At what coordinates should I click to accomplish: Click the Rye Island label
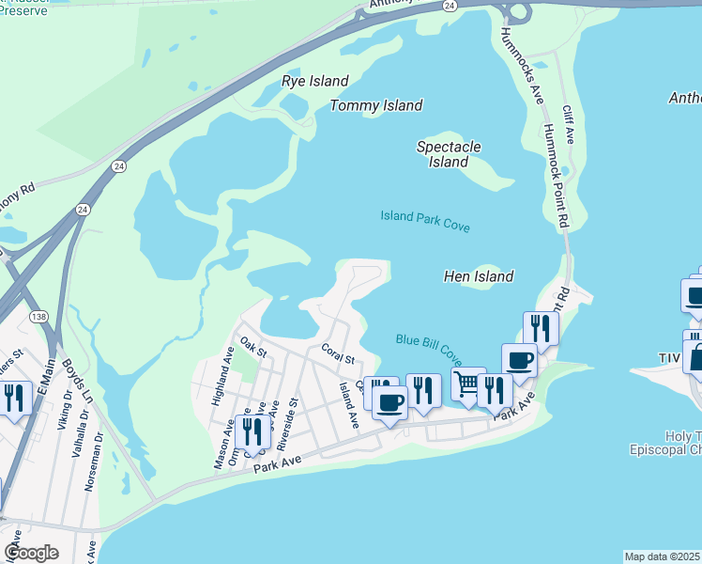coord(315,81)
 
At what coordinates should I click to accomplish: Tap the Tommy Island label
coord(376,105)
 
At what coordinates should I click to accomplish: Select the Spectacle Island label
coord(449,154)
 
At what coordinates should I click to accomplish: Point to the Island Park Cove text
coord(425,222)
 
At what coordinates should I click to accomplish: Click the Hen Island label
coord(478,276)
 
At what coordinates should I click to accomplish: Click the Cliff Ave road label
coord(568,124)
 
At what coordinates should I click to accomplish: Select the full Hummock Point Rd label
coord(557,176)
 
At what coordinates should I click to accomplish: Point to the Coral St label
coord(338,354)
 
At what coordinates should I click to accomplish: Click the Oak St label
coord(253,350)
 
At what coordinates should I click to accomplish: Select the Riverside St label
coord(293,416)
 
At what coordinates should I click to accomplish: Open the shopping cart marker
coord(467,384)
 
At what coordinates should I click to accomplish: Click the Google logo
coord(31,553)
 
